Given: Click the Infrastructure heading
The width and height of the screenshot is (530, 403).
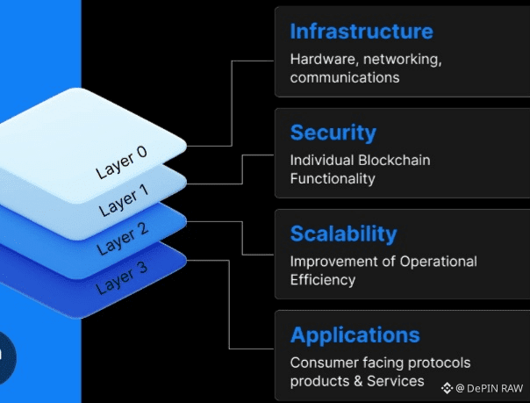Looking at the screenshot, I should (x=362, y=32).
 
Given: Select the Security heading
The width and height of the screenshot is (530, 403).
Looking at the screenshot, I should (x=333, y=133).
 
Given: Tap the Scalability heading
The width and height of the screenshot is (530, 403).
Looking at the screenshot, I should (x=344, y=234).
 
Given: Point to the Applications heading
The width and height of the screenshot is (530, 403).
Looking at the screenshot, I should (x=355, y=335).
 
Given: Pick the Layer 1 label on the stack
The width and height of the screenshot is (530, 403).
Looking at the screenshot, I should (x=124, y=200).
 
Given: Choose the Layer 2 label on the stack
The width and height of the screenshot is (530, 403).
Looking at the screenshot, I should (x=123, y=239).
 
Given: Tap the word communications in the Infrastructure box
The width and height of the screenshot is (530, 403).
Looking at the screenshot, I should (x=345, y=77).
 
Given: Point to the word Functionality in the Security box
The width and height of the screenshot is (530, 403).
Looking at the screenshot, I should (x=333, y=178).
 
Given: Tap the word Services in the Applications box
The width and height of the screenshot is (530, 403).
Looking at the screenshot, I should (x=395, y=381).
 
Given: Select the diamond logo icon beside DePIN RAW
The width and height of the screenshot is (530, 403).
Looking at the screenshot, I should (x=447, y=388).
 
